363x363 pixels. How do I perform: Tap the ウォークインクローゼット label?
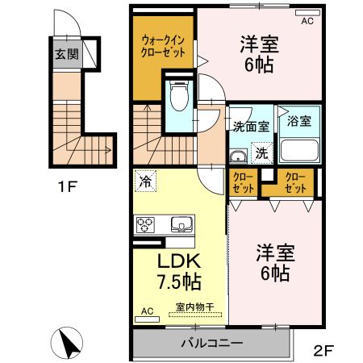click(x=164, y=44)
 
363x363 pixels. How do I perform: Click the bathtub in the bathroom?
click(x=300, y=149)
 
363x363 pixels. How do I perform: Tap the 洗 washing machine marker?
click(x=262, y=151)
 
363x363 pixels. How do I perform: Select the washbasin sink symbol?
click(x=238, y=156)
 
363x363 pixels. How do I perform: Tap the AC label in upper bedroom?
click(x=307, y=22)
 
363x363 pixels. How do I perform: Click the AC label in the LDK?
click(x=147, y=311)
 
